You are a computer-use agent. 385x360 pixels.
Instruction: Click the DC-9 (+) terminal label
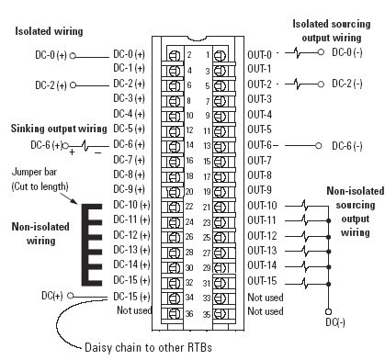pos(130,189)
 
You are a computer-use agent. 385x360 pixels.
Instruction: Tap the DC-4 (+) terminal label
pos(130,114)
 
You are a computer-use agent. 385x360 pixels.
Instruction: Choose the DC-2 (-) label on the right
pos(348,84)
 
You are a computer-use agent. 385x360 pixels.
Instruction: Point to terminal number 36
pos(188,312)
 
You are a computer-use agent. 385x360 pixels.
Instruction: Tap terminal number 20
pos(188,192)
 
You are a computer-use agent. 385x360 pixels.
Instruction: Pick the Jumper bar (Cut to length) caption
pos(41,180)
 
